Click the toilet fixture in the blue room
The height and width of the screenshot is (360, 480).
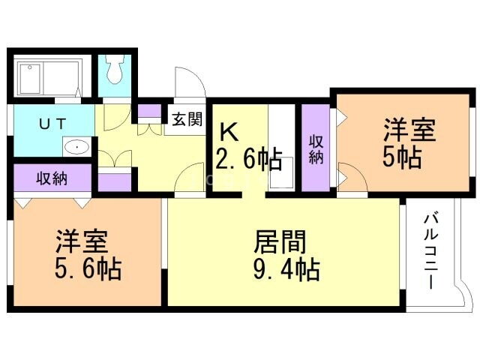pyautogui.click(x=115, y=72)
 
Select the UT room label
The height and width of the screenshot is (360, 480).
pyautogui.click(x=52, y=123)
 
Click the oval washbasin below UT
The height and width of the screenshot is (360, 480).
pyautogui.click(x=76, y=147)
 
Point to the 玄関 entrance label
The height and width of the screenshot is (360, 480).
pyautogui.click(x=187, y=118)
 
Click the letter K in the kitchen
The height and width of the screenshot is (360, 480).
pyautogui.click(x=229, y=132)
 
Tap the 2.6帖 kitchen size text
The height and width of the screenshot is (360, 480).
pyautogui.click(x=248, y=158)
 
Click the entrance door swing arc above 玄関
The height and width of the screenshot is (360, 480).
pyautogui.click(x=188, y=84)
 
